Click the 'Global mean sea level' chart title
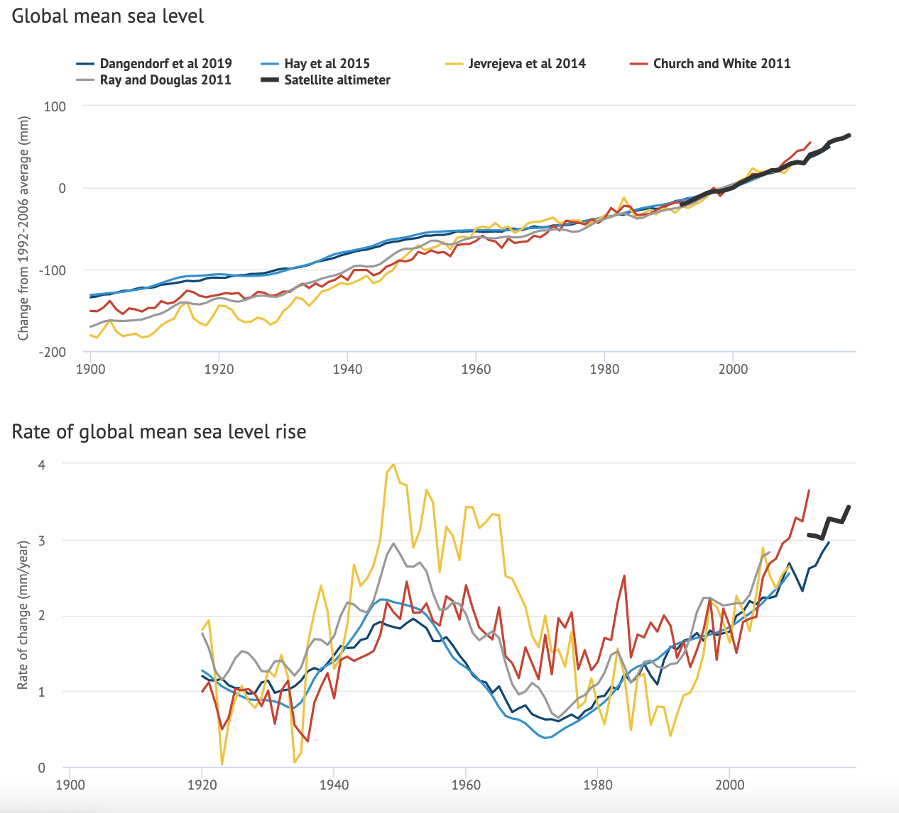pos(108,16)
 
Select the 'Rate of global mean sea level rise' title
pos(159,431)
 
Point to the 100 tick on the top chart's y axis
pos(55,106)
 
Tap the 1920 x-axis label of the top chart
pos(219,369)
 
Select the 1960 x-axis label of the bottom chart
pos(465,785)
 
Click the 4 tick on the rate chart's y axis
pos(42,465)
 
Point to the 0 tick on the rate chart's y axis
pos(42,768)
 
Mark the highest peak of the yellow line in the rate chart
pos(393,464)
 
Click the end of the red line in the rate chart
pos(809,490)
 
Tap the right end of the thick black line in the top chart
pos(849,135)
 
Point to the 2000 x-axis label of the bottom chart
pos(729,785)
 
